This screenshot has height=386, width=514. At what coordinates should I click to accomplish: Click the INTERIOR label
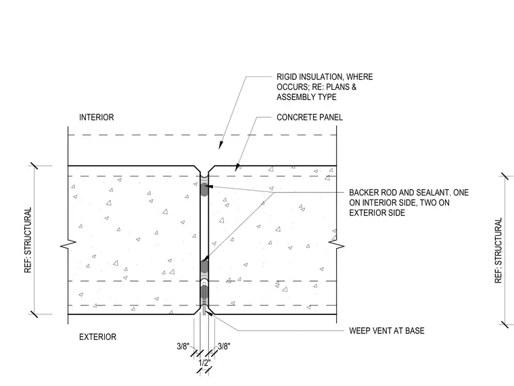tap(96, 118)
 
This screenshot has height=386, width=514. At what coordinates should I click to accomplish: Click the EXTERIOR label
tap(97, 337)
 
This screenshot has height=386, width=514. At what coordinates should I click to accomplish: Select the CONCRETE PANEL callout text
tap(310, 118)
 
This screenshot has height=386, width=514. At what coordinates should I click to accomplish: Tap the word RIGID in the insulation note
tap(287, 76)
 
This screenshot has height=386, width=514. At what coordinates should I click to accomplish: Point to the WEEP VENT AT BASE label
tap(387, 331)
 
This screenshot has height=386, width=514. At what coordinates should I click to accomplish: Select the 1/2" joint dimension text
tap(204, 363)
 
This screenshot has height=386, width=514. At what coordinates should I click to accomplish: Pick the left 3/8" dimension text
tap(183, 346)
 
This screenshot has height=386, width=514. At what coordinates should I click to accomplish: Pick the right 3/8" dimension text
tap(225, 346)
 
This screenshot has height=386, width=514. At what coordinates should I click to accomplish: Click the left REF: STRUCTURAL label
tap(28, 240)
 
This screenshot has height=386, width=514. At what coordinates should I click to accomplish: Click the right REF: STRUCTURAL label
tap(498, 250)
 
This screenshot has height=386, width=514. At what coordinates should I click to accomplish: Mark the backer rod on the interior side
tap(204, 190)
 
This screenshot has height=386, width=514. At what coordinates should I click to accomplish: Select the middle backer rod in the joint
tap(204, 267)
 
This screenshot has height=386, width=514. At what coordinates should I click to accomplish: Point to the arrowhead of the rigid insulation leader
tap(221, 145)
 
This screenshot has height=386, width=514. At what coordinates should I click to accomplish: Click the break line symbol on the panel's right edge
tap(337, 243)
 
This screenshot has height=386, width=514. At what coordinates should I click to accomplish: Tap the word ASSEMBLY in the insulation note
tap(294, 97)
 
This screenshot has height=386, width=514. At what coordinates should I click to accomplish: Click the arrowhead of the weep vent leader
tap(210, 311)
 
